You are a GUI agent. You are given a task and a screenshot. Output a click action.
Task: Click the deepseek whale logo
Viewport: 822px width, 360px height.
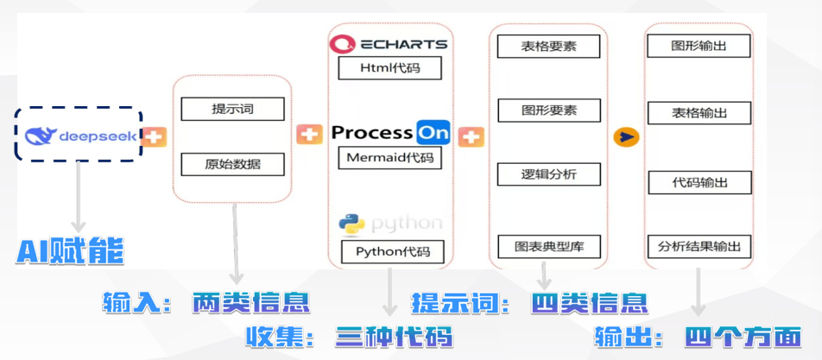pos(41,136)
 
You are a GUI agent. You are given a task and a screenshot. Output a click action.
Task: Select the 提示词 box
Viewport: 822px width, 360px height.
pos(232,110)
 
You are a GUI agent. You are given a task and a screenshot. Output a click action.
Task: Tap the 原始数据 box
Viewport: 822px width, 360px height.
pos(232,163)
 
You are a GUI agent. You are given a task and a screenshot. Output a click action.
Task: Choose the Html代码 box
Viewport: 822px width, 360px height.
pos(389,67)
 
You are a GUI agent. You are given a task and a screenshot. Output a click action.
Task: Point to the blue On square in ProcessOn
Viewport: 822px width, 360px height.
pos(433,132)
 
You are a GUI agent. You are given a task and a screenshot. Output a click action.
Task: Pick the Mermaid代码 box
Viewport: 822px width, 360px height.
pos(389,158)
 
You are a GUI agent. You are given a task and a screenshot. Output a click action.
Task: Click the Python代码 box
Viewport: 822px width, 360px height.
pos(391,252)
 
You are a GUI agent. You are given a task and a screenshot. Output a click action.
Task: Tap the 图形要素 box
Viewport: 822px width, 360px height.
pos(548,111)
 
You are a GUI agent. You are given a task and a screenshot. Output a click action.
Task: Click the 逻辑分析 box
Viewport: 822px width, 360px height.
pos(548,174)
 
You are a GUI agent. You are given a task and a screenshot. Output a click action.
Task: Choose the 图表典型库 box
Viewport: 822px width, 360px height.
pos(549,246)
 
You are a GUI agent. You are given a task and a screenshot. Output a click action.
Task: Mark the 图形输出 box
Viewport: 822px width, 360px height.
pos(699,46)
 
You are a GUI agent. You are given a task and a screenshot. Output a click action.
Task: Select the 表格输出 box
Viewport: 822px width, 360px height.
pos(699,112)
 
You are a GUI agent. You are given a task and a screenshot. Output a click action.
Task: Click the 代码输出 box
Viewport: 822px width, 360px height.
pos(699,182)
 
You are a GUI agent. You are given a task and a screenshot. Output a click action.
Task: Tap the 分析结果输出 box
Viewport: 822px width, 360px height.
pos(699,246)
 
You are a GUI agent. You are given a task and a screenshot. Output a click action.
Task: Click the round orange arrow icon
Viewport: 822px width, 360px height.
pos(625,136)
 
